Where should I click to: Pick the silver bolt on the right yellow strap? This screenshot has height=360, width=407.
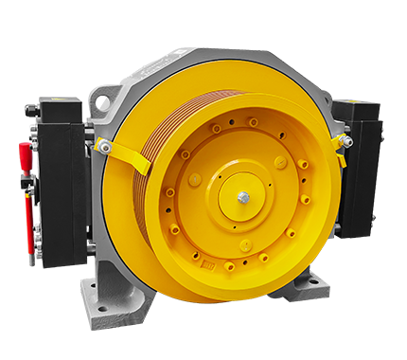(347, 141)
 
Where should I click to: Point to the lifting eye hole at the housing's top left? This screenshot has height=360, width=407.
(103, 101)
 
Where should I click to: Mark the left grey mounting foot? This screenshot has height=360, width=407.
(114, 298)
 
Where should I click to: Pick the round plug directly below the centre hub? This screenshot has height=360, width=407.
(244, 245)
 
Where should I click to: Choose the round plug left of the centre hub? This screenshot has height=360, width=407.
(195, 180)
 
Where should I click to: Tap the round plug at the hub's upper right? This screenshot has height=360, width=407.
(280, 162)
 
